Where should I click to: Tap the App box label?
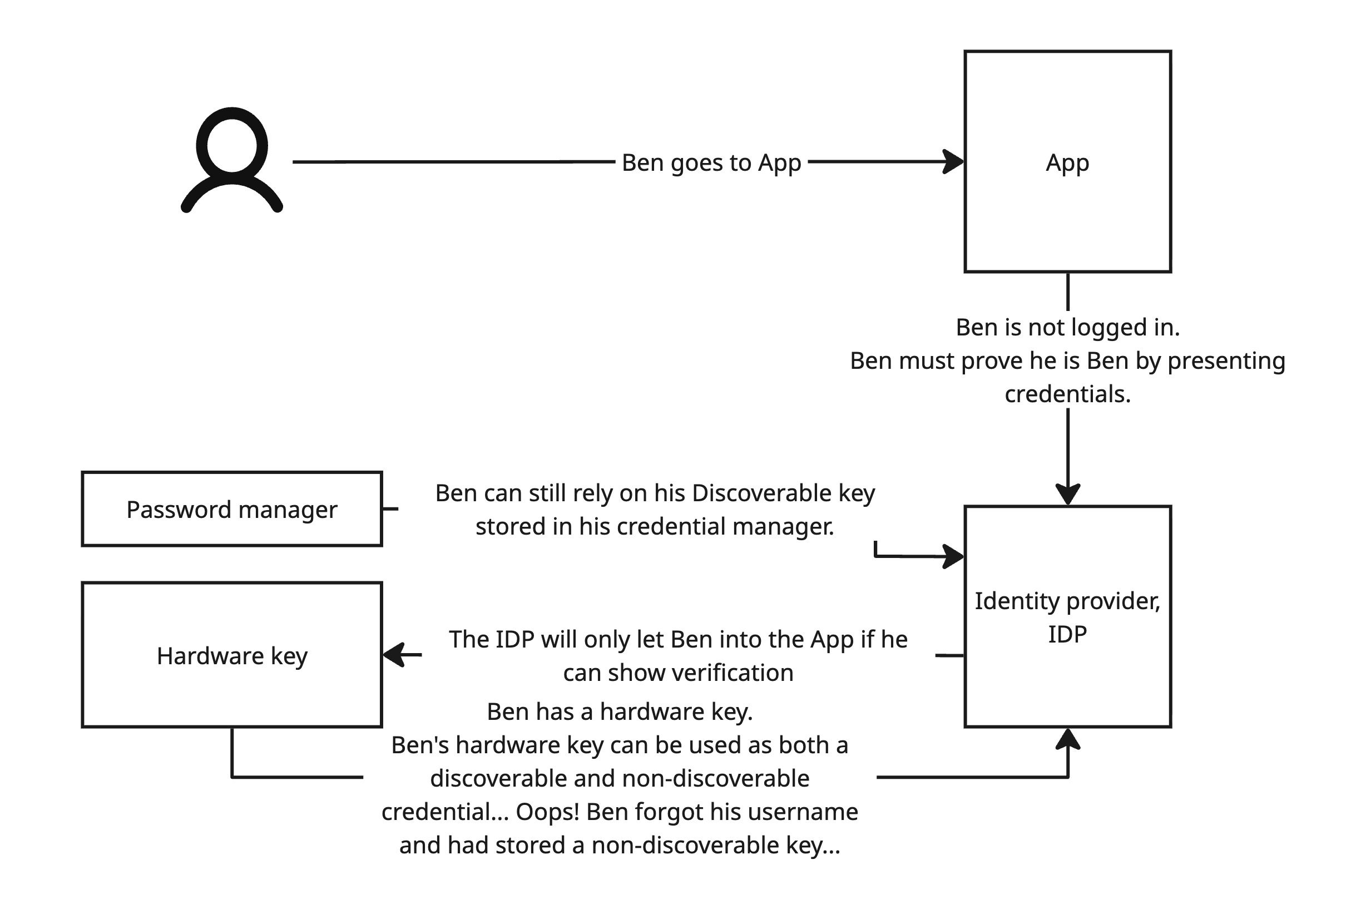click(x=1067, y=163)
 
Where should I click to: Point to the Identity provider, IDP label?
click(x=1067, y=617)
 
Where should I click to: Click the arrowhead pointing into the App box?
click(x=954, y=162)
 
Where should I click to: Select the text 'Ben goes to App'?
click(x=711, y=163)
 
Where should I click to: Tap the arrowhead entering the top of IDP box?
click(x=1068, y=495)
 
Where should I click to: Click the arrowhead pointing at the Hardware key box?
click(x=394, y=655)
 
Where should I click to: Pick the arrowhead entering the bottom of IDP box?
click(x=1068, y=740)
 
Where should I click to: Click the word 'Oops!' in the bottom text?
click(x=547, y=812)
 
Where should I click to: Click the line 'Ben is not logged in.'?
click(x=1068, y=328)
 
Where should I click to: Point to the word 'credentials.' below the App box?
click(x=1068, y=394)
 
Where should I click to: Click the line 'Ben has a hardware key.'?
click(x=620, y=712)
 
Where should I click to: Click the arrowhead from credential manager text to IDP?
click(x=954, y=556)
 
